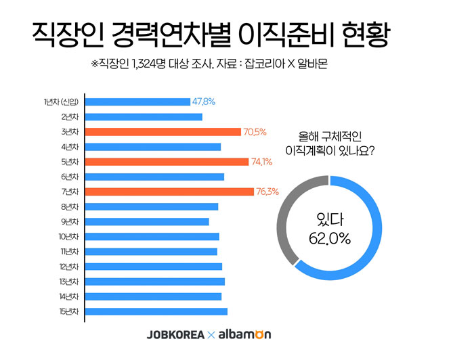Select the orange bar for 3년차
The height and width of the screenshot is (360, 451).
pyautogui.click(x=163, y=131)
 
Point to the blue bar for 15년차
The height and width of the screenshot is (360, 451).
pyautogui.click(x=156, y=311)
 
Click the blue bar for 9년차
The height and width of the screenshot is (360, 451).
pyautogui.click(x=146, y=221)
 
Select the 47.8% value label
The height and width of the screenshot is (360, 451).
pyautogui.click(x=204, y=102)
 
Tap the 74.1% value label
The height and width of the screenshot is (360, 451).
pyautogui.click(x=262, y=162)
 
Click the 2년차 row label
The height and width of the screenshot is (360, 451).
pyautogui.click(x=70, y=116)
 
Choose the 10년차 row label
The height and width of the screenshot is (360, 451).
pyautogui.click(x=68, y=236)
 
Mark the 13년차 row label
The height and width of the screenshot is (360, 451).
pyautogui.click(x=68, y=282)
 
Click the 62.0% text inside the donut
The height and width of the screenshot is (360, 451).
pyautogui.click(x=330, y=238)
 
